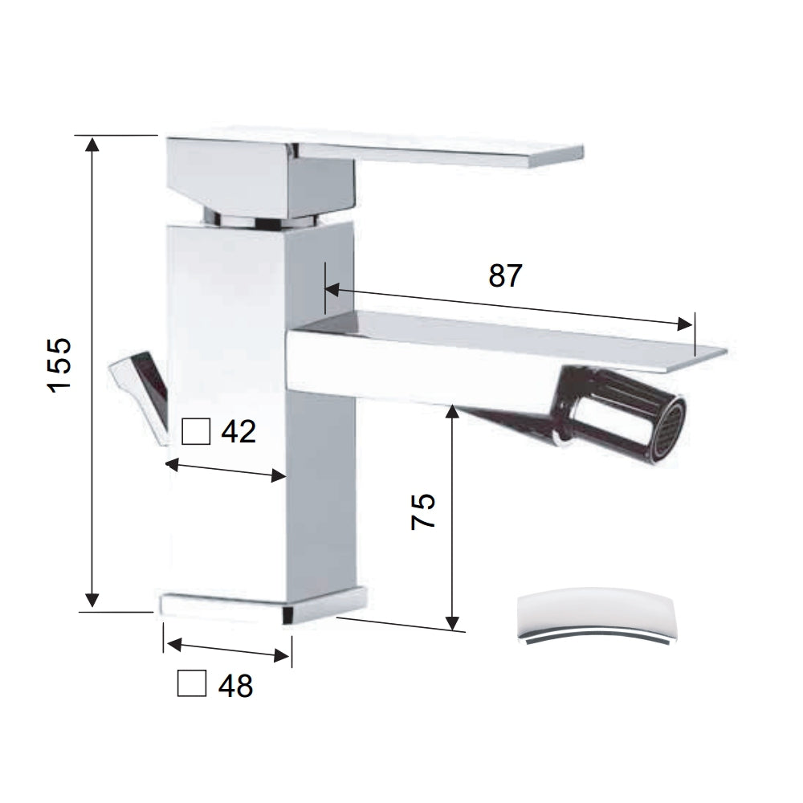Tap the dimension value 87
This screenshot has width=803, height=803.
pos(505,275)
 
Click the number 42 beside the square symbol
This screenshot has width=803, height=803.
pos(238,432)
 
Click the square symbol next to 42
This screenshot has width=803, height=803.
pos(196,432)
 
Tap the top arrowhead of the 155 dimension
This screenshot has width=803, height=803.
pos(93,144)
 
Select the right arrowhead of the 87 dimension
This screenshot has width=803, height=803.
pos(685,324)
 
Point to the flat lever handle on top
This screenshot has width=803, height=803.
pos(450,153)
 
